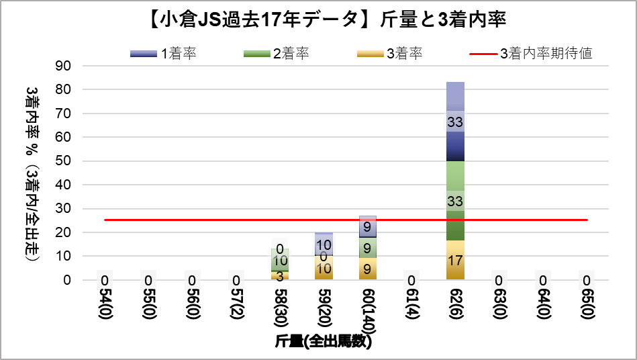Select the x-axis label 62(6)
click(456, 306)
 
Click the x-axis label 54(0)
click(105, 306)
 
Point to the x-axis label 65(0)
click(587, 306)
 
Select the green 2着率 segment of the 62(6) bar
click(456, 181)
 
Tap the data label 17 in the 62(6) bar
click(456, 261)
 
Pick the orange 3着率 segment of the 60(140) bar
click(368, 269)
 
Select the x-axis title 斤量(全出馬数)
click(324, 341)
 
